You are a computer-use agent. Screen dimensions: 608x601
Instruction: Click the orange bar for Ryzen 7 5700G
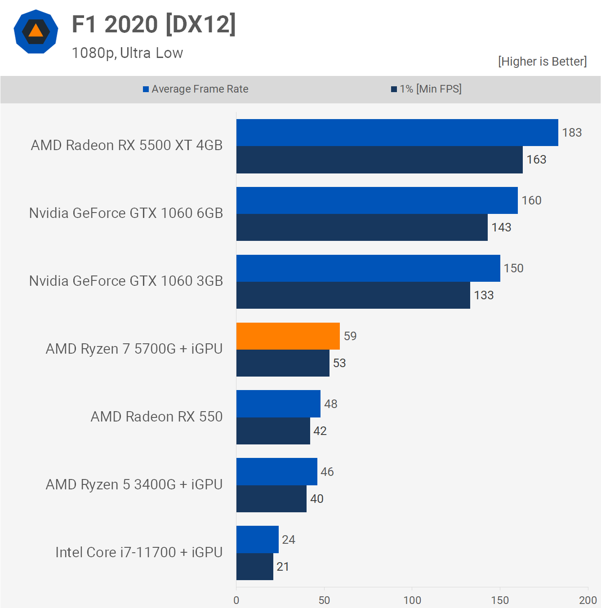pyautogui.click(x=288, y=336)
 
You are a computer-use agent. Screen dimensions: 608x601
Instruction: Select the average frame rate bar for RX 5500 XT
pyautogui.click(x=397, y=133)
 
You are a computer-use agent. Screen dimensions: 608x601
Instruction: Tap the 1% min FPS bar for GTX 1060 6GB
pyautogui.click(x=362, y=227)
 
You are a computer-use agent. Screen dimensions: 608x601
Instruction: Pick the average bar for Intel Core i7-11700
pyautogui.click(x=257, y=539)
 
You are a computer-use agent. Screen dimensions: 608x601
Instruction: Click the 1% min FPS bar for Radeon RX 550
pyautogui.click(x=273, y=431)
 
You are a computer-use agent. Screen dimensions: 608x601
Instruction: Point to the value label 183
pyautogui.click(x=572, y=133)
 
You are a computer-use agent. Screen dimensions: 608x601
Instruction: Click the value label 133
pyautogui.click(x=484, y=295)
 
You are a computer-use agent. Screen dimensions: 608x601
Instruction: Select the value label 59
pyautogui.click(x=350, y=336)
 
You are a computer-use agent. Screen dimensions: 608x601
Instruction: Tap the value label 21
pyautogui.click(x=283, y=567)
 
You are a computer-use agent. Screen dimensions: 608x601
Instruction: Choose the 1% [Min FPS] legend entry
pyautogui.click(x=426, y=89)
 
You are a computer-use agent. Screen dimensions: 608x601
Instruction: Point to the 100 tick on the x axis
pyautogui.click(x=412, y=600)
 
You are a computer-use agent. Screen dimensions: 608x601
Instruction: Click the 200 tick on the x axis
pyautogui.click(x=588, y=600)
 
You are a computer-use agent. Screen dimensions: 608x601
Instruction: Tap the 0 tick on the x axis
pyautogui.click(x=236, y=600)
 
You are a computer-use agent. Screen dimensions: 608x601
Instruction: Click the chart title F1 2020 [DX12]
pyautogui.click(x=154, y=24)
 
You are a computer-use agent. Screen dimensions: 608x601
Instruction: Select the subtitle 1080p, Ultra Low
pyautogui.click(x=127, y=53)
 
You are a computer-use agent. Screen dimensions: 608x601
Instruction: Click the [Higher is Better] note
pyautogui.click(x=542, y=61)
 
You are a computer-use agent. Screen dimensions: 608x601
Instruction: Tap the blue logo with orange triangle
pyautogui.click(x=36, y=31)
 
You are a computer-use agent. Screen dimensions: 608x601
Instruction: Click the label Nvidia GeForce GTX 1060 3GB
pyautogui.click(x=126, y=281)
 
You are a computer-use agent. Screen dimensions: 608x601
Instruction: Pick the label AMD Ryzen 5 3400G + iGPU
pyautogui.click(x=134, y=484)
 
